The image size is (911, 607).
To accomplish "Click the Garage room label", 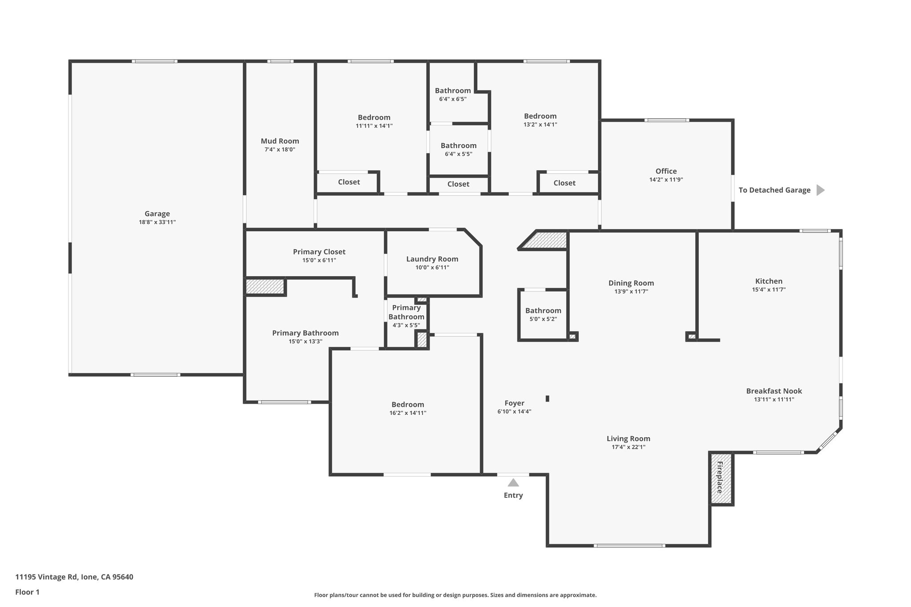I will point(157,213).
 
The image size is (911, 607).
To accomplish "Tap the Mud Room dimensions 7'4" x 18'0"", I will point(280,149).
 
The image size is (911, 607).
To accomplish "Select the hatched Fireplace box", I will point(721,478).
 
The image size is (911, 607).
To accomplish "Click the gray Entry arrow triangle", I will point(513,483).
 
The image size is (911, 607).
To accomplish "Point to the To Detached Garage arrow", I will point(820,190).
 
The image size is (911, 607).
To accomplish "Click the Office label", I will point(666,171).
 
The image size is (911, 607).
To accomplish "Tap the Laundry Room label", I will point(432,259).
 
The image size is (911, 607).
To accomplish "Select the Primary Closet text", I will point(319,252).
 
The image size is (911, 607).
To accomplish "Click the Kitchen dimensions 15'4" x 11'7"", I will point(769,289).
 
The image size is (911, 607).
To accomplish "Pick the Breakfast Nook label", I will point(774,391).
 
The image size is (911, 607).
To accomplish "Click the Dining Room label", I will point(631,283).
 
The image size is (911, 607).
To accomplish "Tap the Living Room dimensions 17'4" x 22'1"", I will point(628,447).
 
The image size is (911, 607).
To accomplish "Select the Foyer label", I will point(514,403).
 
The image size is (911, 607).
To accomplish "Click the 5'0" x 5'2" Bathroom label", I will point(543,310).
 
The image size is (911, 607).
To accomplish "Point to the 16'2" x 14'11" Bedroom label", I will point(407,404).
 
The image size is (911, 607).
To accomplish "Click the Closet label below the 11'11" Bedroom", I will point(349,182).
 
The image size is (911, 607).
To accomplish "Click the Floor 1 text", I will point(27,592).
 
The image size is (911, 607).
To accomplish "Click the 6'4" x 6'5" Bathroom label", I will point(452,91).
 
